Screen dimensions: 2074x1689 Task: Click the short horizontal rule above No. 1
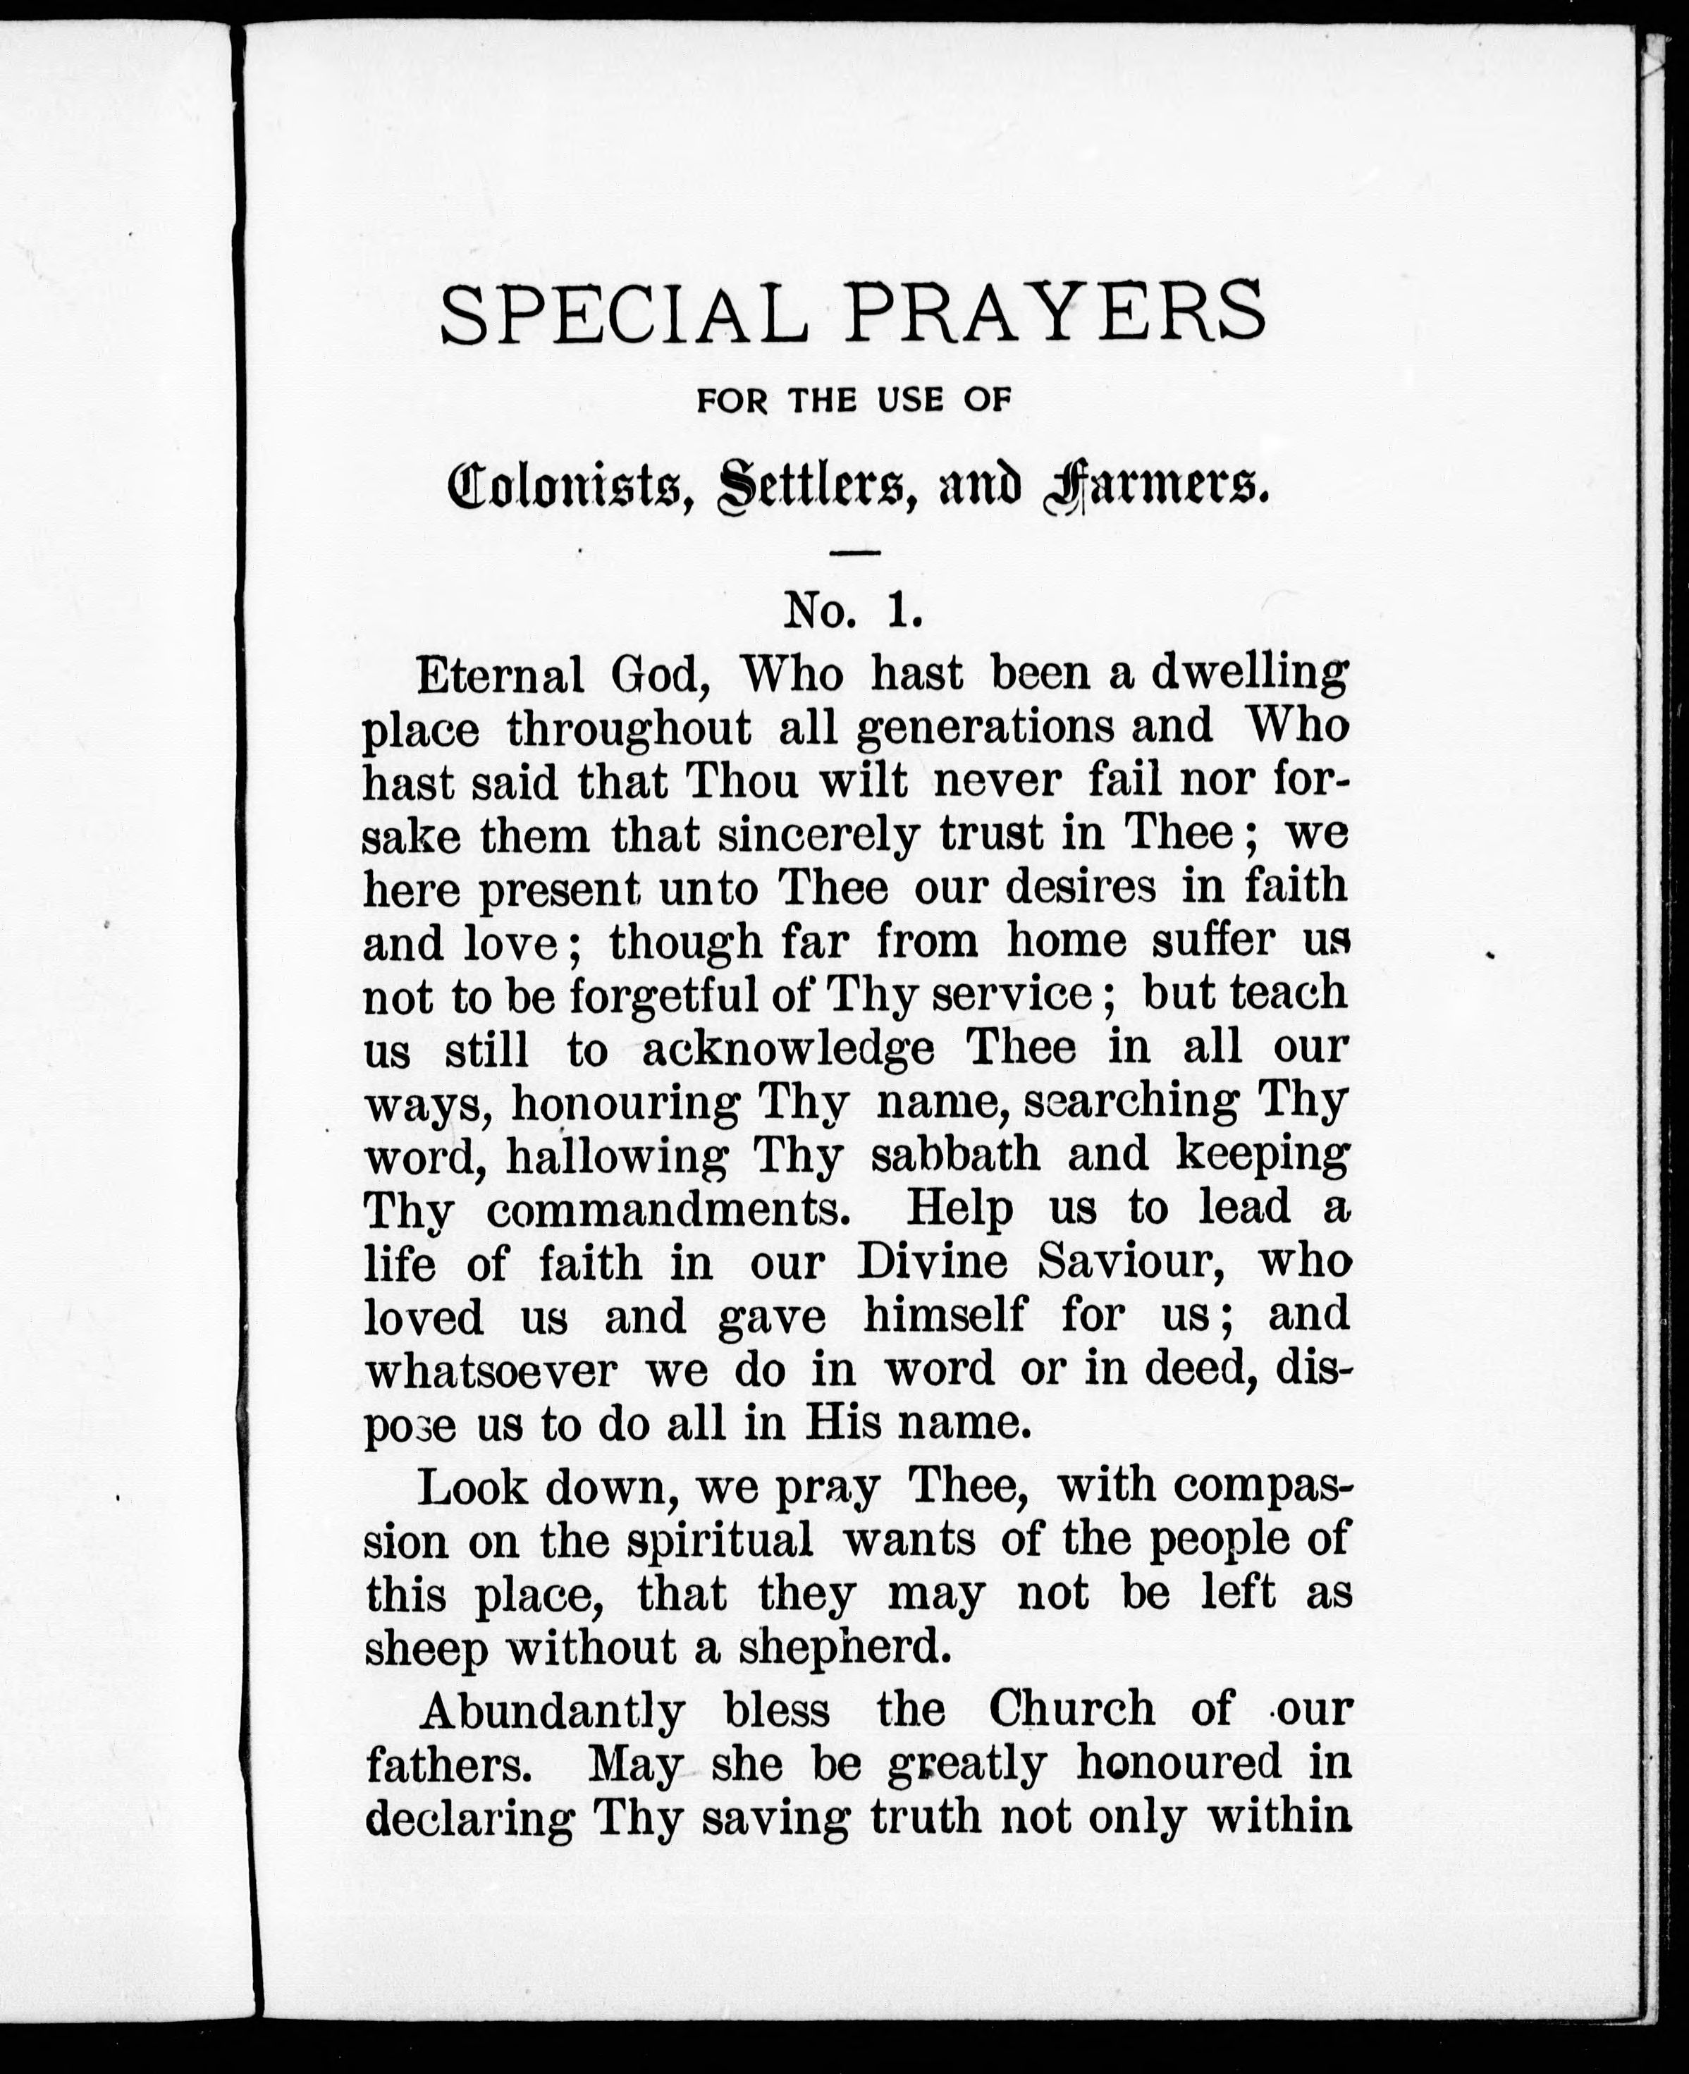(855, 553)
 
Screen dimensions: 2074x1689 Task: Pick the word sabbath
(955, 1155)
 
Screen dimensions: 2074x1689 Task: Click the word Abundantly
(553, 1710)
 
